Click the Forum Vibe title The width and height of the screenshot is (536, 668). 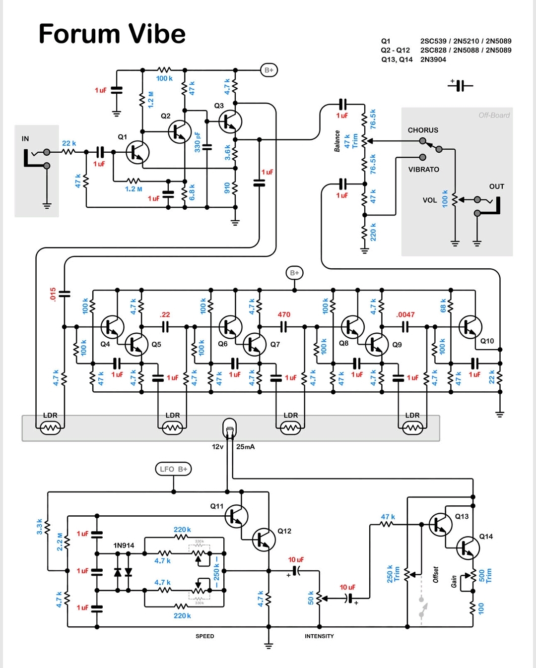point(112,34)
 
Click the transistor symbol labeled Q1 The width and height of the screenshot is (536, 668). point(137,152)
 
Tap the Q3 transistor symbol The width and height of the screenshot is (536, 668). point(230,121)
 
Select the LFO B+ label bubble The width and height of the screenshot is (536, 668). point(173,469)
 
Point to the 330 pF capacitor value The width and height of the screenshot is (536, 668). point(198,142)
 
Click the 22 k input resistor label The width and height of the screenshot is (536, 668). point(69,143)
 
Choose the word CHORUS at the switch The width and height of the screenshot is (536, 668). point(423,130)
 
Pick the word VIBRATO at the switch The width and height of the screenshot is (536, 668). point(423,169)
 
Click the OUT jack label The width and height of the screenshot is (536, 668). point(496,186)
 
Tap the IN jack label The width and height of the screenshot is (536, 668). point(25,139)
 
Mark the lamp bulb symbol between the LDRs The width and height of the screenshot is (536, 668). point(229,427)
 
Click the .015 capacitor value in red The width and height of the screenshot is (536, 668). point(53,294)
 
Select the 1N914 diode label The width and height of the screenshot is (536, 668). point(124,545)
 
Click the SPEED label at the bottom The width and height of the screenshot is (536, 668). point(204,636)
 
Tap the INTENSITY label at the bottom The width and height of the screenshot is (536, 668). point(319,636)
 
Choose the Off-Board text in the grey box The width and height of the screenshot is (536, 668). point(494,115)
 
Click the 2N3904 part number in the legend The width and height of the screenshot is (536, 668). point(433,60)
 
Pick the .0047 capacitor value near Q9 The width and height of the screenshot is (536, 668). point(405,314)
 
